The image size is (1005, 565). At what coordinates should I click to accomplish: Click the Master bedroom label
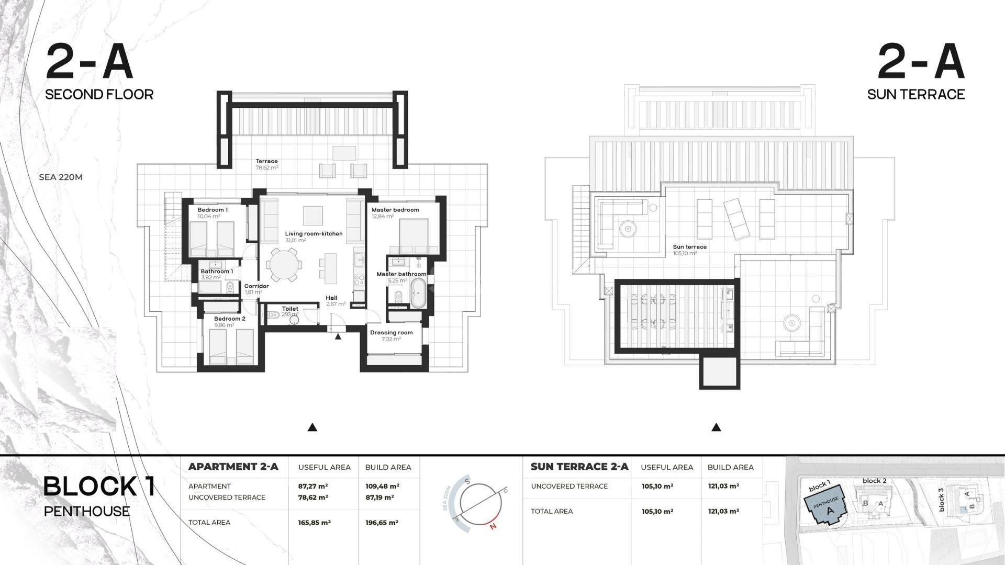[395, 210]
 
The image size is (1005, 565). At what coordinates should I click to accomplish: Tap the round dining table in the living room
[284, 265]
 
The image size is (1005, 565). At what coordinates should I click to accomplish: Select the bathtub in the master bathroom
[418, 293]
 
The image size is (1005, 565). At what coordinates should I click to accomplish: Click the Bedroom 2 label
[229, 319]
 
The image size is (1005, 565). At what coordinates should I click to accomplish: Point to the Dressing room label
[391, 333]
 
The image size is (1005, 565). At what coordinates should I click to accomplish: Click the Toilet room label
[290, 309]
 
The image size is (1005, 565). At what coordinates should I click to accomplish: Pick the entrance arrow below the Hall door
[338, 337]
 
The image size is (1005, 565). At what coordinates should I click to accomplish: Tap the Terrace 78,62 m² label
[266, 164]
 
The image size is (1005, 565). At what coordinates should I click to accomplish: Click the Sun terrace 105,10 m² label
[689, 250]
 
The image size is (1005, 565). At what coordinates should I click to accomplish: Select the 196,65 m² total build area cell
[382, 523]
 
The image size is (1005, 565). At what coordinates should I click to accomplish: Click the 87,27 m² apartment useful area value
[313, 487]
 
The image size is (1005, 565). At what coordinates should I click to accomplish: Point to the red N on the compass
[493, 527]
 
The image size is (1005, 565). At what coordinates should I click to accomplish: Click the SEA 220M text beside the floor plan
[61, 177]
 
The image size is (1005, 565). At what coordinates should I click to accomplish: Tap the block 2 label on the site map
[874, 481]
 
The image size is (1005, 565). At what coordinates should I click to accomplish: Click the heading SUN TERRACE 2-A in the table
[579, 467]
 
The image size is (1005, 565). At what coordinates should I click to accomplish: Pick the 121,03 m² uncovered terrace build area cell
[723, 487]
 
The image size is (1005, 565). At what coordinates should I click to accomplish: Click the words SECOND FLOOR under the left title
[99, 95]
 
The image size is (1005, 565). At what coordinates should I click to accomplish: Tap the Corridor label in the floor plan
[256, 286]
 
